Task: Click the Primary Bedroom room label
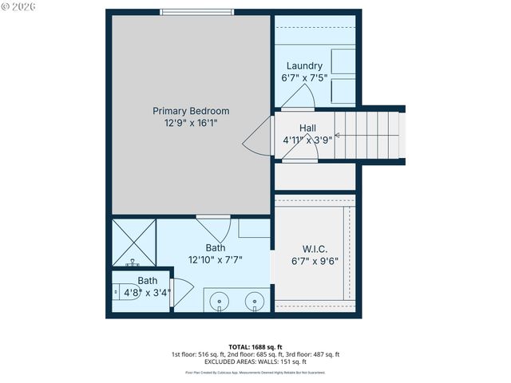click(191, 111)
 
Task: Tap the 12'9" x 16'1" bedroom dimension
click(191, 124)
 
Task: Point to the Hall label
click(308, 128)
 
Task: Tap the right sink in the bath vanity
click(255, 301)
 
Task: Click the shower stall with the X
click(133, 241)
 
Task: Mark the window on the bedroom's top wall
click(196, 11)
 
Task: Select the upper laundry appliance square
click(343, 61)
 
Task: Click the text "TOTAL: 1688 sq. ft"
click(255, 347)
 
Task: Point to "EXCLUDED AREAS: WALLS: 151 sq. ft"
click(255, 362)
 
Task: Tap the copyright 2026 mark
click(18, 6)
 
